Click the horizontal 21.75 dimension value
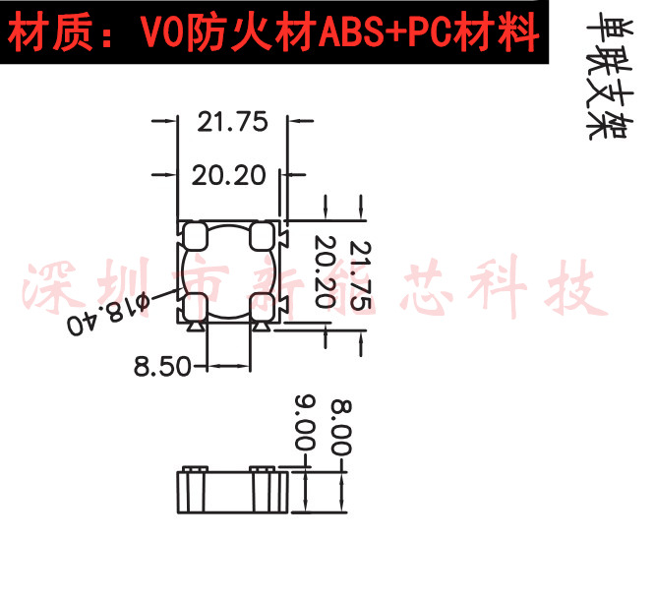232,122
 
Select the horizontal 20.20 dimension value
229,176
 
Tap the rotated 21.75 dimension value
360,275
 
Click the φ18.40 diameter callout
107,316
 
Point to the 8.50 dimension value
162,366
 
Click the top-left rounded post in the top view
194,235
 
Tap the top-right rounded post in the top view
262,235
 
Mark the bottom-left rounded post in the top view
194,306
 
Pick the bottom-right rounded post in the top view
263,306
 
